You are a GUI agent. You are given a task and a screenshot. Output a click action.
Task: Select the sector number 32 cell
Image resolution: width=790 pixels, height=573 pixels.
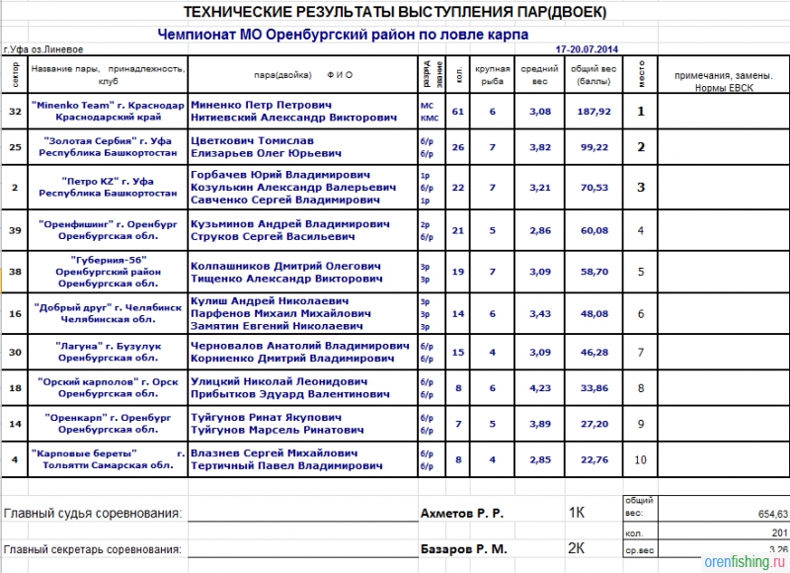point(15,111)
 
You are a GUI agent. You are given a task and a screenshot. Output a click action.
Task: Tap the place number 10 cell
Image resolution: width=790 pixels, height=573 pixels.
point(641,458)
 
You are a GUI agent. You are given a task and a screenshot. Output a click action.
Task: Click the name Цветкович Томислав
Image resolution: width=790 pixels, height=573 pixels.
point(248,140)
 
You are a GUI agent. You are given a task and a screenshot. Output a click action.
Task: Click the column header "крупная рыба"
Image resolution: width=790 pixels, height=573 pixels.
point(492,74)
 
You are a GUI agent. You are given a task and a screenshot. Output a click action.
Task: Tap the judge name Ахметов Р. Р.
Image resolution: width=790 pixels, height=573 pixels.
point(462,514)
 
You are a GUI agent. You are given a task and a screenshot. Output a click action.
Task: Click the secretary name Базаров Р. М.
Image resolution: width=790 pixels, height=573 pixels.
point(462,548)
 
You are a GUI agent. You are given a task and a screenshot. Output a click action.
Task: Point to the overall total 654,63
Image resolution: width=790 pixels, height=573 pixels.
point(766,515)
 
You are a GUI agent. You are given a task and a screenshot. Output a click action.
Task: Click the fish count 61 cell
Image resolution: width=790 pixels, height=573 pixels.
point(458,111)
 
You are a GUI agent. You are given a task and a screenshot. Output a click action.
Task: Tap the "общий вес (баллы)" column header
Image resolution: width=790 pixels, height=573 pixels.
point(592,74)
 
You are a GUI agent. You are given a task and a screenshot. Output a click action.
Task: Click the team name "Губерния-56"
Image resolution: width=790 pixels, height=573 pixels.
point(95,259)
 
